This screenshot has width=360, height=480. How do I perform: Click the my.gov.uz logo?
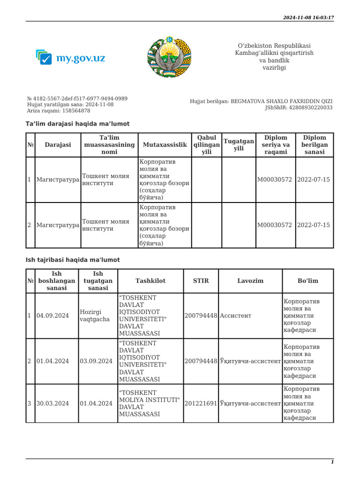pos(70,58)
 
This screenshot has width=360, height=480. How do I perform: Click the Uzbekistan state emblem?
pos(169,57)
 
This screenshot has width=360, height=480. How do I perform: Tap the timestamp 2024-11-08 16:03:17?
pos(308,17)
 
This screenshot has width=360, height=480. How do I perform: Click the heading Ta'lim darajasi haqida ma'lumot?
pos(77,124)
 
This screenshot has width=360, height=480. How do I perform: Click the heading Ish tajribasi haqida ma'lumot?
pos(73,260)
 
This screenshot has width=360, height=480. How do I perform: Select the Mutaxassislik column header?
pos(165,145)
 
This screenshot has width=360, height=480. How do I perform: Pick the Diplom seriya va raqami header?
pos(276,145)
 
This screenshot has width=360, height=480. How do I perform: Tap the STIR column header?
pos(201,281)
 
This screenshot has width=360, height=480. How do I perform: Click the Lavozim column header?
pos(250,281)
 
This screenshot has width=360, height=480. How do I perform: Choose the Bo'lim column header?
pos(307,281)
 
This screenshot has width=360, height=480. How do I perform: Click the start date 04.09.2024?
pos(52,315)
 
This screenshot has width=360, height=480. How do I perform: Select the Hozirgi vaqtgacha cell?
pos(96,315)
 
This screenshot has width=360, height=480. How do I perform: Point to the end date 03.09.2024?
pos(96,361)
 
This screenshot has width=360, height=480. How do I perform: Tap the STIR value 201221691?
pos(201,403)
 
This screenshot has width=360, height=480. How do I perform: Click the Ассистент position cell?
pos(236,315)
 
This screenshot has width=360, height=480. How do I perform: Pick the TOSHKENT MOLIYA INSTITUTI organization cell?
pos(150,403)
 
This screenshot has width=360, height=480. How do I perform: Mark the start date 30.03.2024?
pos(52,403)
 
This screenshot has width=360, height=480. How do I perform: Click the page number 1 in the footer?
pos(332,462)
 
